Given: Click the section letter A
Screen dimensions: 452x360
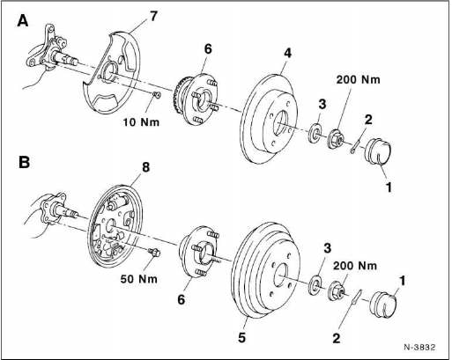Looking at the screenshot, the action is coord(23,21).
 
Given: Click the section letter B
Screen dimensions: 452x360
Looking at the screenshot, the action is coord(24,162).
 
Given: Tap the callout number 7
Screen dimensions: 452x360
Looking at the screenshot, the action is coord(153,16).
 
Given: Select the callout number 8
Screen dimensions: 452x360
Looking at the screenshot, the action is coord(145,167).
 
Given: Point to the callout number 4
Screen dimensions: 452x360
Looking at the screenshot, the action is coord(288,53).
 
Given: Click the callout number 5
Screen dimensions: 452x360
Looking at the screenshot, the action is coord(241,338).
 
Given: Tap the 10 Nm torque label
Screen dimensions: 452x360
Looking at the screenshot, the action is coord(141,121).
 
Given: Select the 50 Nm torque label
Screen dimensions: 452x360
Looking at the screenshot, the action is coord(139,279).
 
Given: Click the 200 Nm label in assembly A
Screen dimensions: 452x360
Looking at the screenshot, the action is coord(358,79).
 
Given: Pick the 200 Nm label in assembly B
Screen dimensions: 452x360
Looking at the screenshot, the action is coord(355,266).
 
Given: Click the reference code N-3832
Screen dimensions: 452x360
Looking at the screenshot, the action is coord(420,347).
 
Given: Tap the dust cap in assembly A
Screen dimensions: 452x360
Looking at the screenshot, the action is coord(378,151).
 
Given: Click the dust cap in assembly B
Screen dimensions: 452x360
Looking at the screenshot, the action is coord(383,305).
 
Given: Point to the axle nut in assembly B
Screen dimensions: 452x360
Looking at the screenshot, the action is coord(335,290).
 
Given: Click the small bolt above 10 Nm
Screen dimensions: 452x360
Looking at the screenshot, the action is coord(157,94).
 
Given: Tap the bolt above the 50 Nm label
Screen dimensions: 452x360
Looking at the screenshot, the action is coord(154,252).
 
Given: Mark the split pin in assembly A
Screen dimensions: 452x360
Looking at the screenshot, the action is coord(355,146).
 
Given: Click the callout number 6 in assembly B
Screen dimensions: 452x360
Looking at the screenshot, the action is coord(182,299).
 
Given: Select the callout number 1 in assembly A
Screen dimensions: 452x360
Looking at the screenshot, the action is coord(389,187).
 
